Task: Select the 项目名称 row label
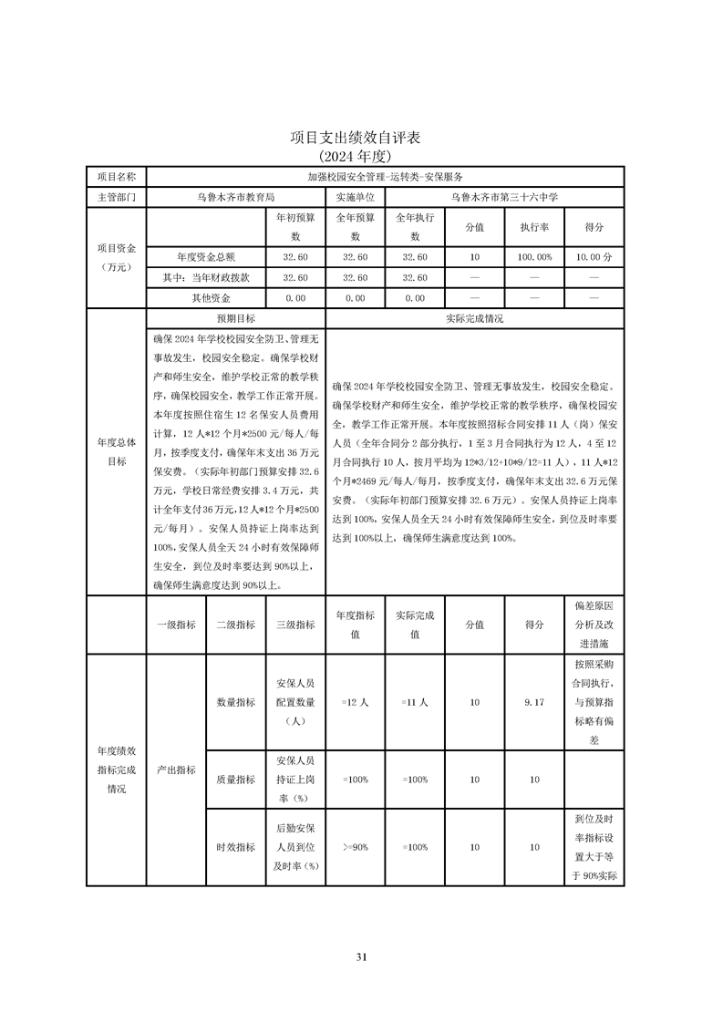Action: tap(117, 176)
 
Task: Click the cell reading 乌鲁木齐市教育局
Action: tap(235, 196)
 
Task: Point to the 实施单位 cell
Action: tap(355, 196)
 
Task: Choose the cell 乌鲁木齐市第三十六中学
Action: tap(504, 196)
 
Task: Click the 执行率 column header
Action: tap(534, 227)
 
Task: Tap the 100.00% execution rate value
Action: tap(534, 257)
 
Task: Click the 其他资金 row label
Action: tap(211, 298)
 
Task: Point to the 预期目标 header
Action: tap(235, 319)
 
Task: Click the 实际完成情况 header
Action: tap(474, 319)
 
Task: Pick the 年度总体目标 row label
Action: tap(117, 451)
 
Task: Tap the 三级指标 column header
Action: tap(295, 625)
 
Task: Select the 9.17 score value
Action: tap(534, 703)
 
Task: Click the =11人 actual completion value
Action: tap(415, 703)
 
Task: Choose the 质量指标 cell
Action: tap(235, 780)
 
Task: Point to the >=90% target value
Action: tap(355, 847)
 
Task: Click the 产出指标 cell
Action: tap(176, 770)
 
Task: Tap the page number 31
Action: tap(361, 956)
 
